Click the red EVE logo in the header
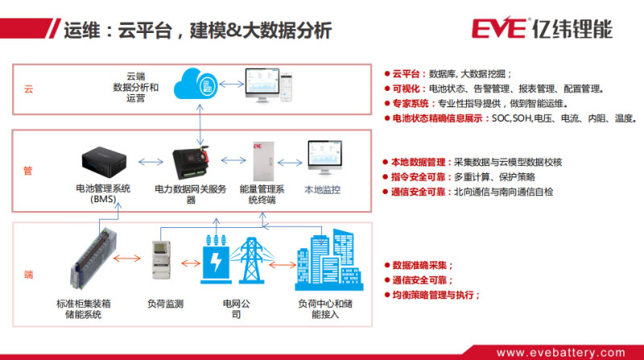tap(500, 29)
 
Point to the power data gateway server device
tap(196, 162)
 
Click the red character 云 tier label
tap(28, 89)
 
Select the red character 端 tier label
tap(28, 273)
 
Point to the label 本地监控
tap(323, 191)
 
